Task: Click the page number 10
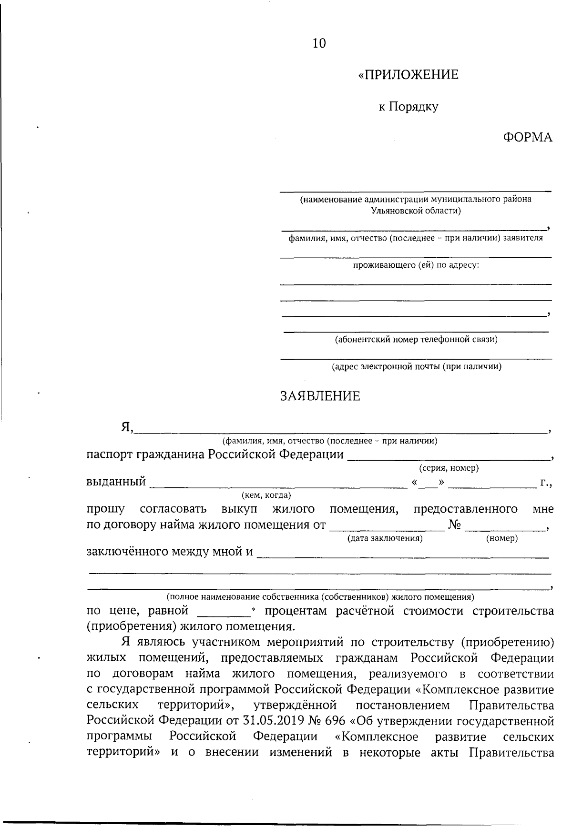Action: (319, 43)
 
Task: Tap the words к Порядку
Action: (408, 107)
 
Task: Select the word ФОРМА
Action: (528, 138)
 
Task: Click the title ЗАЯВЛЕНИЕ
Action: (320, 396)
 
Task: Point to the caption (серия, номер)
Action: (449, 468)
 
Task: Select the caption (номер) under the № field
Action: (501, 538)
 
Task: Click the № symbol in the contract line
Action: (454, 525)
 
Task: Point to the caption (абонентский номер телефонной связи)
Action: (416, 340)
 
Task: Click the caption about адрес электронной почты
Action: (416, 367)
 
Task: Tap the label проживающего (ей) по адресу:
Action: (416, 265)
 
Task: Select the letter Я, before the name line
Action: (127, 427)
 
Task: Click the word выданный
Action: (116, 482)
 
